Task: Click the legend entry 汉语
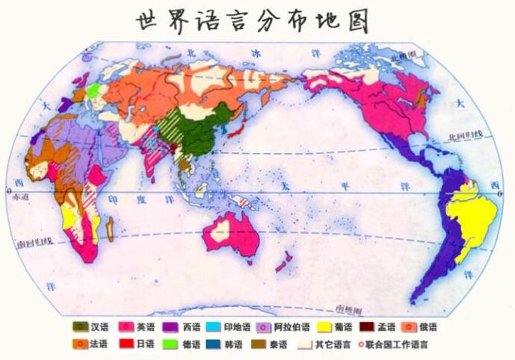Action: coord(90,327)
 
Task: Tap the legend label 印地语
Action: coord(228,327)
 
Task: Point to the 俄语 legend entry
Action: coord(419,327)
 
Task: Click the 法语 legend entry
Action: coord(90,344)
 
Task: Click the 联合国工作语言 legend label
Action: coord(396,344)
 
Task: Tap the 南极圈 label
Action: coord(348,308)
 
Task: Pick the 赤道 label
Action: coord(20,196)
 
